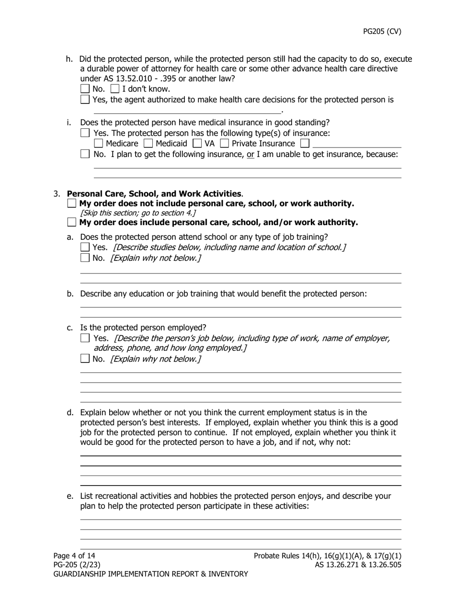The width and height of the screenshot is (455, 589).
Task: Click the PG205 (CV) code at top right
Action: pyautogui.click(x=382, y=32)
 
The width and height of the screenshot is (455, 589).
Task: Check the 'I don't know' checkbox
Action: pyautogui.click(x=115, y=89)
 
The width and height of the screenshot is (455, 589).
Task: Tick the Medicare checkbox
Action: pyautogui.click(x=99, y=143)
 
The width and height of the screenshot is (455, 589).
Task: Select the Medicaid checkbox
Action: pyautogui.click(x=148, y=143)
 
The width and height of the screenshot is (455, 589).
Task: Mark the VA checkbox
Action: pyautogui.click(x=197, y=143)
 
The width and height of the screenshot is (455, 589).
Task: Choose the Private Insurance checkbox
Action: pyautogui.click(x=224, y=143)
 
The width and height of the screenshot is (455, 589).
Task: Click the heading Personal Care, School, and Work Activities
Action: pyautogui.click(x=154, y=193)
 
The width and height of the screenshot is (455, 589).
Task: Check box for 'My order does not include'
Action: pyautogui.click(x=72, y=203)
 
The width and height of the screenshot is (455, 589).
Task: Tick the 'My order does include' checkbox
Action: pyautogui.click(x=72, y=222)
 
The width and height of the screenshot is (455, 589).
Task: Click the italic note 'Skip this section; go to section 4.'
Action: pyautogui.click(x=138, y=213)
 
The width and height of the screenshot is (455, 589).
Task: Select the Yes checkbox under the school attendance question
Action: pyautogui.click(x=85, y=247)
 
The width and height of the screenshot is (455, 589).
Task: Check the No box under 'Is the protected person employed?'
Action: pyautogui.click(x=85, y=358)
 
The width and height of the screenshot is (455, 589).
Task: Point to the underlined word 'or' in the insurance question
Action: pyautogui.click(x=250, y=154)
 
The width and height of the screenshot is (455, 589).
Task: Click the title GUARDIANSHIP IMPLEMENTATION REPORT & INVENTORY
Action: pyautogui.click(x=151, y=574)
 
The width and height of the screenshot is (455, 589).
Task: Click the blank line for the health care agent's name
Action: pyautogui.click(x=187, y=110)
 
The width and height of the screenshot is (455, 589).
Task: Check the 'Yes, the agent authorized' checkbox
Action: pyautogui.click(x=85, y=100)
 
